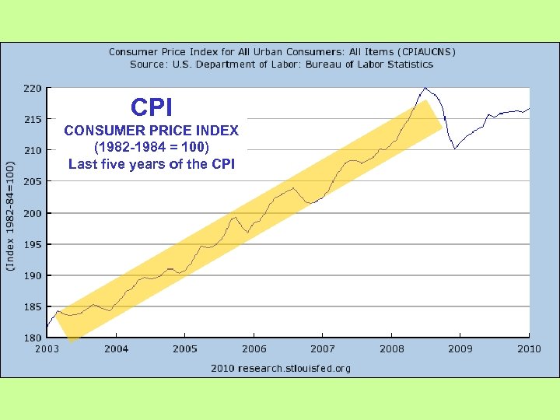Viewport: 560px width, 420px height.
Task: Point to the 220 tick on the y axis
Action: coord(32,89)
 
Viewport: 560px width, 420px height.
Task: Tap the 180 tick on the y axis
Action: coord(32,338)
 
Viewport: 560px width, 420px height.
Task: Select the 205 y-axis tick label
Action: coord(32,182)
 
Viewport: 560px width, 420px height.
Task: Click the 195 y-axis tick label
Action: coord(32,244)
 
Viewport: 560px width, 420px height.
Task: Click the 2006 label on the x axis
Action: coord(254,349)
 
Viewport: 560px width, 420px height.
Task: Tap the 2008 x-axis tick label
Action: coord(391,349)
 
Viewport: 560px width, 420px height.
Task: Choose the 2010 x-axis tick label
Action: coord(529,349)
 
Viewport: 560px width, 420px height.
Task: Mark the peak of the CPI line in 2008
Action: coord(425,88)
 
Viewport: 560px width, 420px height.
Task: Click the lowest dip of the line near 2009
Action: coord(455,148)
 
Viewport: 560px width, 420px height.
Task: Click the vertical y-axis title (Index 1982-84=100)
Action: coord(9,215)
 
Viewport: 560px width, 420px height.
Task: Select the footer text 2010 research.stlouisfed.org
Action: coord(281,368)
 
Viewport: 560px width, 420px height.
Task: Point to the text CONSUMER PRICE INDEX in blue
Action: coord(152,130)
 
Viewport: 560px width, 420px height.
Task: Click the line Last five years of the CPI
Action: coord(152,164)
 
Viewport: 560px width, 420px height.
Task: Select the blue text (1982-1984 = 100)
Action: coord(152,147)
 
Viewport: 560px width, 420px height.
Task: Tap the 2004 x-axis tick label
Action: coord(116,349)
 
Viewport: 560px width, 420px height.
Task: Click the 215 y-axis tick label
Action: coord(32,120)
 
